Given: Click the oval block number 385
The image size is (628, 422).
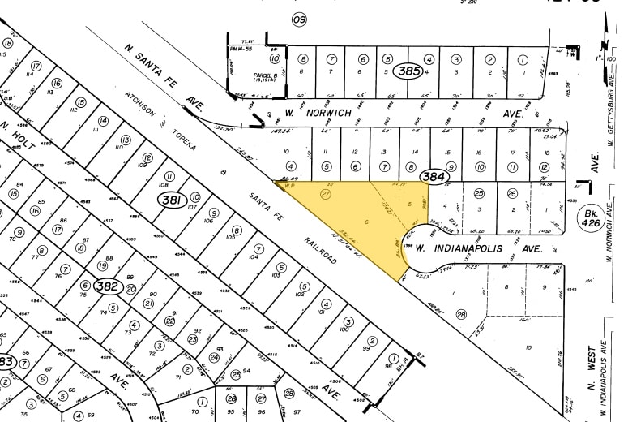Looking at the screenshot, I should pyautogui.click(x=409, y=72).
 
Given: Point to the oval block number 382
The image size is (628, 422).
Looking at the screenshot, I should pyautogui.click(x=107, y=286).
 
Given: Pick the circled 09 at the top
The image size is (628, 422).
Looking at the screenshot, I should pyautogui.click(x=300, y=19).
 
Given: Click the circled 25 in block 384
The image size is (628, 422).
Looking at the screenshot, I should pyautogui.click(x=479, y=193).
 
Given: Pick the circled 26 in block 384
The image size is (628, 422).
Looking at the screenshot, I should pyautogui.click(x=511, y=193).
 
